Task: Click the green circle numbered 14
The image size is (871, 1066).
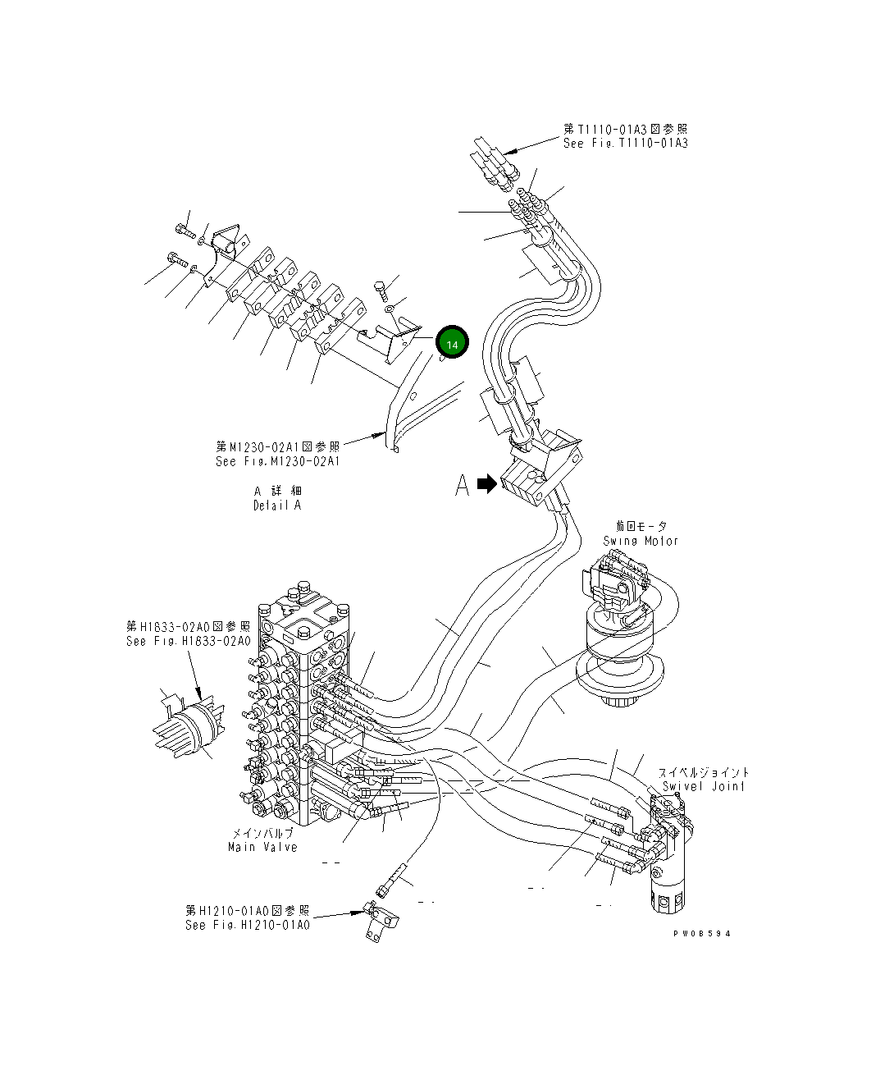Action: tap(452, 343)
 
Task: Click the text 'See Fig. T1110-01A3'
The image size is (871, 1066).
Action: tap(625, 144)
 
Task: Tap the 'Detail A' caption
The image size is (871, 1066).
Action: tap(277, 506)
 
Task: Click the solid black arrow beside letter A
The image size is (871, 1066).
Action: tap(487, 484)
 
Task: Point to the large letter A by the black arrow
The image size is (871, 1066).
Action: tap(463, 485)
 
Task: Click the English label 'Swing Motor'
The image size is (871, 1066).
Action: tap(641, 541)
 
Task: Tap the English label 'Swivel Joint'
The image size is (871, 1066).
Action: tap(704, 786)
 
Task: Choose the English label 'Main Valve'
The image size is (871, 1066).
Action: tap(262, 847)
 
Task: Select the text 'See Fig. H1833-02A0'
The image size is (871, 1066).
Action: tap(189, 641)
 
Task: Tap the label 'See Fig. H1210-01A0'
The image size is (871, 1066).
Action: tap(248, 925)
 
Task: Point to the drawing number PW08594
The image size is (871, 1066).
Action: tap(701, 934)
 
